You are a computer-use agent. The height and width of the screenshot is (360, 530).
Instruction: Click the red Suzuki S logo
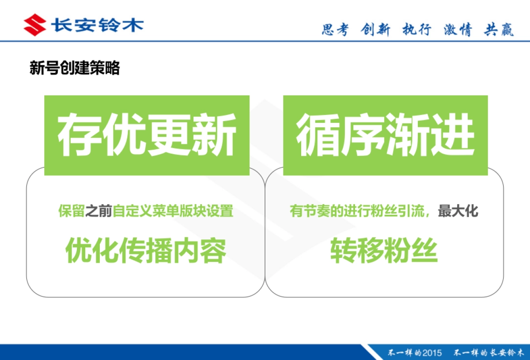(x=35, y=25)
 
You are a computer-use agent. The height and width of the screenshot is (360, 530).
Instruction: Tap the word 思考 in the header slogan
(x=335, y=30)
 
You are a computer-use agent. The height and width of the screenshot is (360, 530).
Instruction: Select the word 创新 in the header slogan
(x=375, y=30)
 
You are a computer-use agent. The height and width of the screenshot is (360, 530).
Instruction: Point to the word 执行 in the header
(x=416, y=30)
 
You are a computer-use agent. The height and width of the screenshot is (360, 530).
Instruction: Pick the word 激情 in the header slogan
(x=458, y=30)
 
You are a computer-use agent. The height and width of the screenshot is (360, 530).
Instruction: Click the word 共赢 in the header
(x=499, y=30)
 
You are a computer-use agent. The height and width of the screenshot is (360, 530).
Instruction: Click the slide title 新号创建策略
(x=75, y=68)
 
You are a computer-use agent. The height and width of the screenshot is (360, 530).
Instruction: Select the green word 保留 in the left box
(x=71, y=211)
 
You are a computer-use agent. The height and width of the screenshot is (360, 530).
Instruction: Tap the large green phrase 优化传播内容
(x=146, y=250)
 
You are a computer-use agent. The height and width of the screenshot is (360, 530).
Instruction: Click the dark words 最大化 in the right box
(x=458, y=211)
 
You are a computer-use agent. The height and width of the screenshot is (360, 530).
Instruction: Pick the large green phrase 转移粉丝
(x=384, y=250)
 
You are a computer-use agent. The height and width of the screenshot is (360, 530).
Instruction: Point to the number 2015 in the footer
(x=432, y=352)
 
